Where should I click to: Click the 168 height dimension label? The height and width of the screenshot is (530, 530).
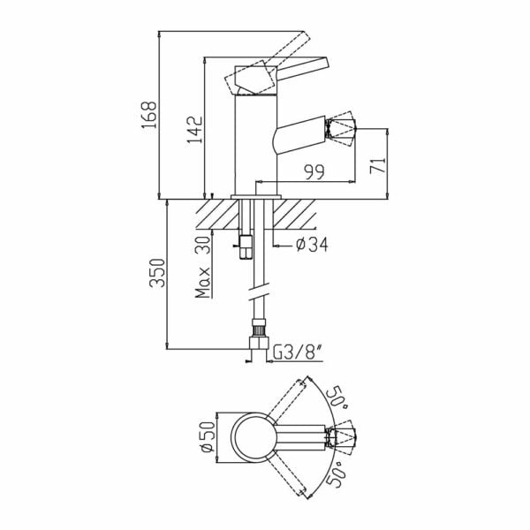coord(149,115)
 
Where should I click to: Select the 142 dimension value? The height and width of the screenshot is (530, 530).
coord(195,130)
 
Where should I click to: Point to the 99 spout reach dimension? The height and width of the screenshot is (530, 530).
coord(314,171)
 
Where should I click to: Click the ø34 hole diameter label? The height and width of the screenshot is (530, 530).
coord(312,245)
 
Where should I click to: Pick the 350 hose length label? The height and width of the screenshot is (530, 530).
coord(157,273)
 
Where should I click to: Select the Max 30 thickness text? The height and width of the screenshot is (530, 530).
coord(203,268)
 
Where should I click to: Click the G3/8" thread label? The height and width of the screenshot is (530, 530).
coord(297,353)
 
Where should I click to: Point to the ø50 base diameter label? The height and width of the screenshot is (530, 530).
coord(208,436)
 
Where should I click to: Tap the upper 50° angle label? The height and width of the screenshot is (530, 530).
coord(337,397)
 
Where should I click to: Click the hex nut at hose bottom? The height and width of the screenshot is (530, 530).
coord(259,343)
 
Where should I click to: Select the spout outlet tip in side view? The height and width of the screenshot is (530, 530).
coord(341,129)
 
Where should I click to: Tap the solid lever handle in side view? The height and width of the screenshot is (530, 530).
coord(302,69)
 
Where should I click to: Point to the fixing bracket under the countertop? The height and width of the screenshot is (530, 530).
coord(245,246)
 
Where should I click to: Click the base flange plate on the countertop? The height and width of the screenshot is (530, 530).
coord(256,197)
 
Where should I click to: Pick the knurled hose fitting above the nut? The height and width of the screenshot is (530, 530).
coord(259,327)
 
